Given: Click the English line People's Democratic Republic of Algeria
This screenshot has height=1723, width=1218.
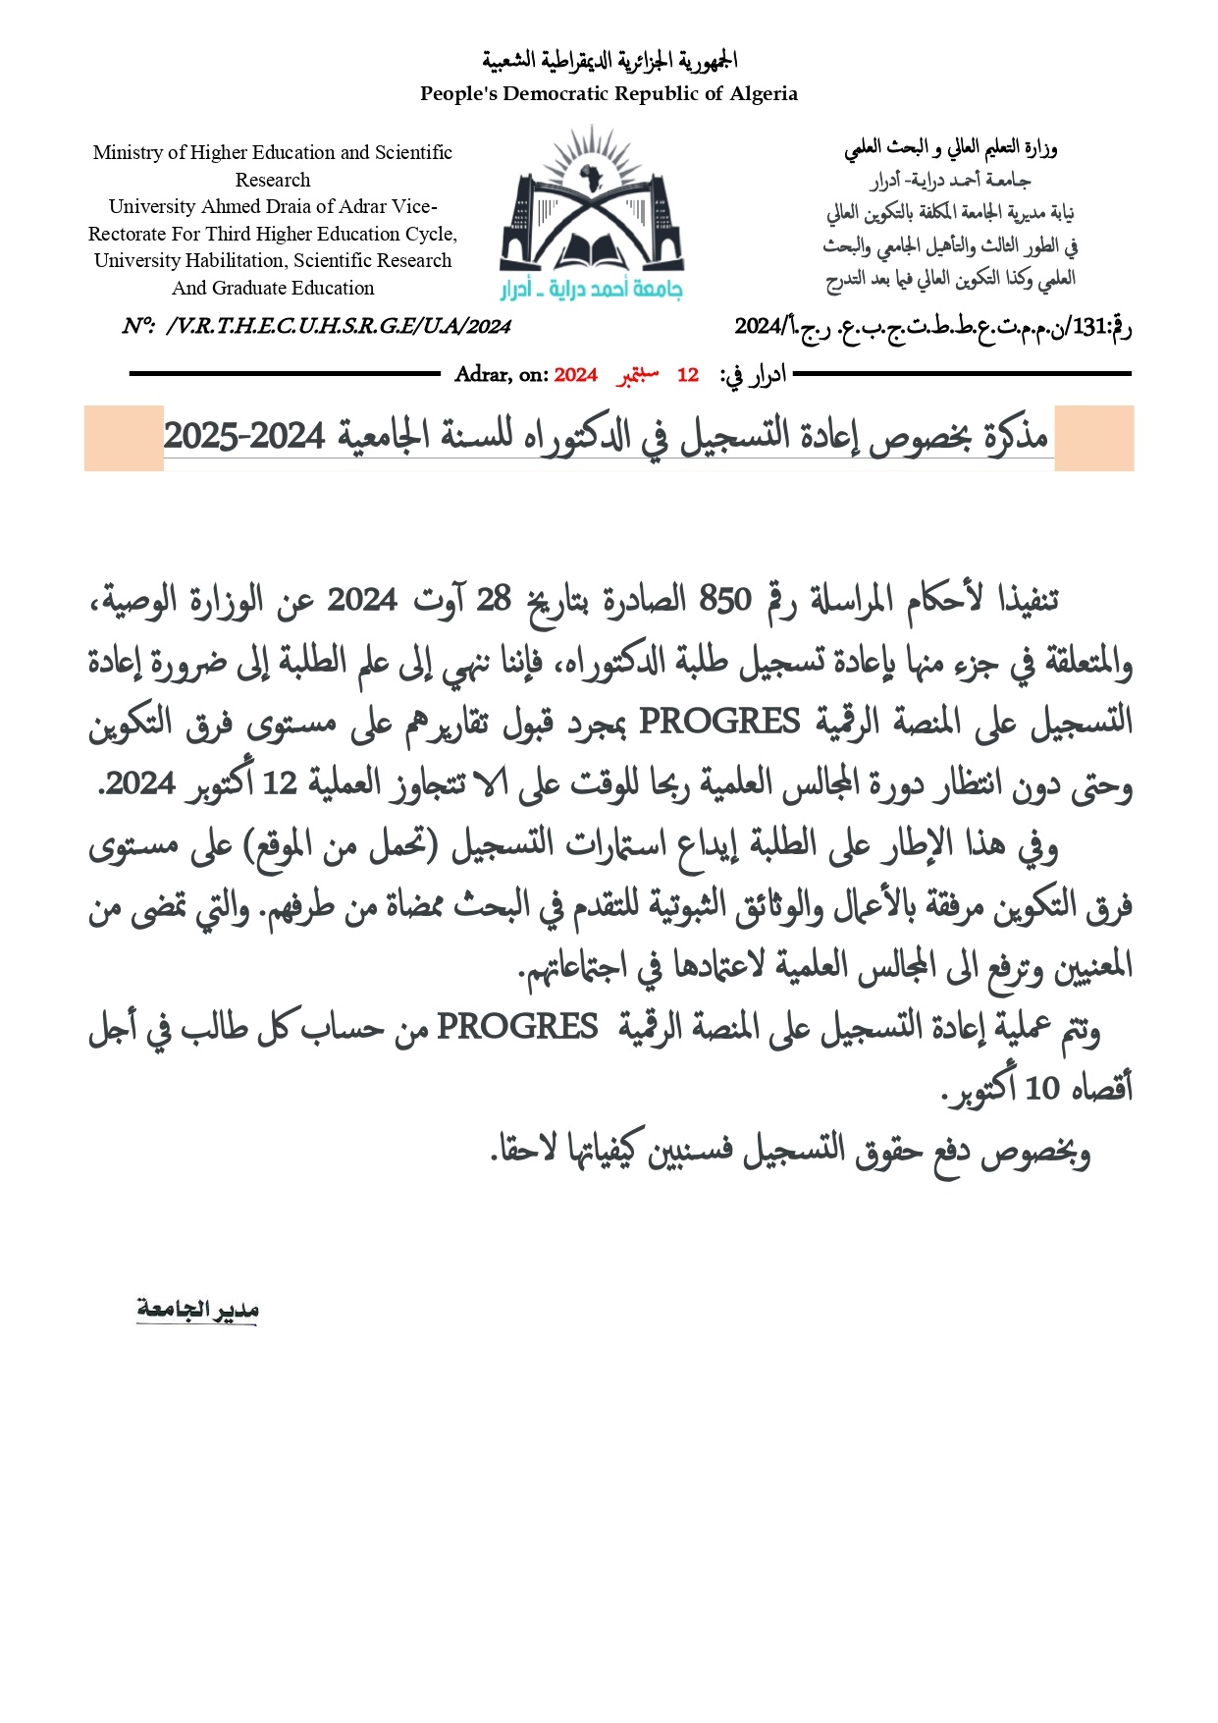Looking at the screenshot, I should pyautogui.click(x=609, y=93).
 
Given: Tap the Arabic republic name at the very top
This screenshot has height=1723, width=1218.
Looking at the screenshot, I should pyautogui.click(x=609, y=61).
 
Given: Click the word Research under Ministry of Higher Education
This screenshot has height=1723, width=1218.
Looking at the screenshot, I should pyautogui.click(x=273, y=180).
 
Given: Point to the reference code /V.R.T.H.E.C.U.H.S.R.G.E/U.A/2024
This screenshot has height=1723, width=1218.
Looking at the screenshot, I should pyautogui.click(x=338, y=326).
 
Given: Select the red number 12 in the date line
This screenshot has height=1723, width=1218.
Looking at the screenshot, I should pyautogui.click(x=687, y=375).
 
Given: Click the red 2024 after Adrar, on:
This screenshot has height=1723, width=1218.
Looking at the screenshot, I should pyautogui.click(x=575, y=375).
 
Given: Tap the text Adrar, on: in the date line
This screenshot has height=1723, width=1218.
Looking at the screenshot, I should pyautogui.click(x=501, y=375).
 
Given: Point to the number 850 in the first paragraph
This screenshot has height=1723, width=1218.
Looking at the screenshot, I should pyautogui.click(x=724, y=599).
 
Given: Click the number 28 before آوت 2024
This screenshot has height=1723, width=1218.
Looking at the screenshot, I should pyautogui.click(x=493, y=599).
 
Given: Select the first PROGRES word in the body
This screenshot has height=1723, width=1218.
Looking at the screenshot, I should pyautogui.click(x=719, y=722).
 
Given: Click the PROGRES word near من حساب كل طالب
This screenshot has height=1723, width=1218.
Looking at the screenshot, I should pyautogui.click(x=517, y=1027).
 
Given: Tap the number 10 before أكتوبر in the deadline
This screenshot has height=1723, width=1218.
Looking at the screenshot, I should pyautogui.click(x=1042, y=1088).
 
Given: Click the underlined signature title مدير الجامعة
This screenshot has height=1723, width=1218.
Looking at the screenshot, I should pyautogui.click(x=197, y=1310).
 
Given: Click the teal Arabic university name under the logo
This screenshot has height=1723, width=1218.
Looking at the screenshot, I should pyautogui.click(x=591, y=289).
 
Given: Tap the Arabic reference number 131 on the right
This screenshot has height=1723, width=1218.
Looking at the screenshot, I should pyautogui.click(x=1088, y=327).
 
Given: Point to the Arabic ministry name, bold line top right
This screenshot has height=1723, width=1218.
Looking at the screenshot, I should pyautogui.click(x=950, y=149).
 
